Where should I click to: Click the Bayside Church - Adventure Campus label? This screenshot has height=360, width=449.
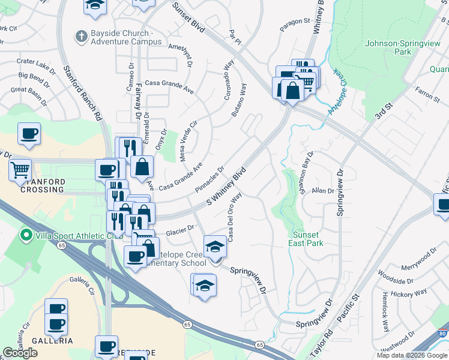coord(126,37)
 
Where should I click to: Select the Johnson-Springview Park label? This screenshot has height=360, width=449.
coord(388,47)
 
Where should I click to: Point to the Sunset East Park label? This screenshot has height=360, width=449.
coord(308,239)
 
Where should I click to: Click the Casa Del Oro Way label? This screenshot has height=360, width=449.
coord(235,217)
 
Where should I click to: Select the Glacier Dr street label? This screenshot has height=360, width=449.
coord(181,229)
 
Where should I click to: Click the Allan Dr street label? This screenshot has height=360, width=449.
coord(322,191)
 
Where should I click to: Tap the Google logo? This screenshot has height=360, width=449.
coord(20,353)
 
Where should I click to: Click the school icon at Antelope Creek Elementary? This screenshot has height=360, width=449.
coord(215,247)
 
